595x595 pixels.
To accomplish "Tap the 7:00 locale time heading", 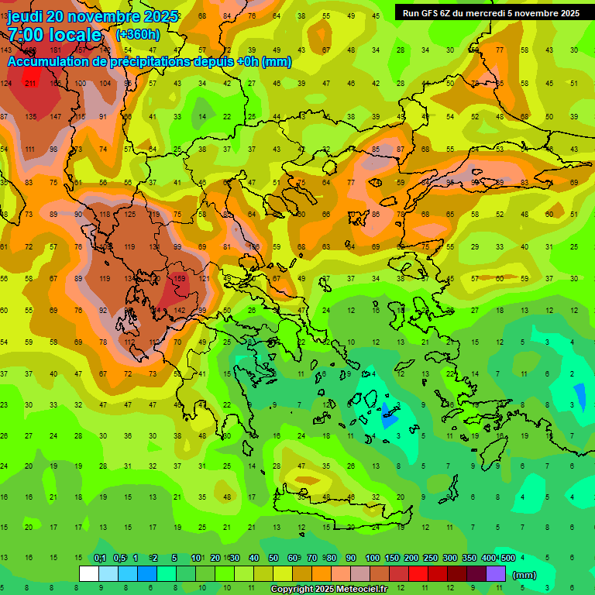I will (x=54, y=35).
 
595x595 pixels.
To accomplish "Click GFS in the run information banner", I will (x=431, y=13).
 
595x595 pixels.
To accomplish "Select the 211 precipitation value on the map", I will (x=31, y=83).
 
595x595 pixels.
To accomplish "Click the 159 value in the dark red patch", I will (x=180, y=279).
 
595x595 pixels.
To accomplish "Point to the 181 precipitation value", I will (x=56, y=50).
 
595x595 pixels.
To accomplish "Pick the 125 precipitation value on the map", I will (x=129, y=214).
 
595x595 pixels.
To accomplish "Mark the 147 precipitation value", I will (x=56, y=116).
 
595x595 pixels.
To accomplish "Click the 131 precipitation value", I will (x=154, y=246).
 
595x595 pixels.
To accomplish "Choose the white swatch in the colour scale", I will (x=88, y=574).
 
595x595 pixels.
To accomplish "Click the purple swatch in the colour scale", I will (x=496, y=574).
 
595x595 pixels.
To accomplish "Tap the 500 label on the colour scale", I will (x=507, y=559).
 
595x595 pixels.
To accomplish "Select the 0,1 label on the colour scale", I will (x=99, y=559).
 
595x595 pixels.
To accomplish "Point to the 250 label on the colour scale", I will (x=430, y=559).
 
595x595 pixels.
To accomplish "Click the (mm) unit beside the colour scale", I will (x=524, y=575).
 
